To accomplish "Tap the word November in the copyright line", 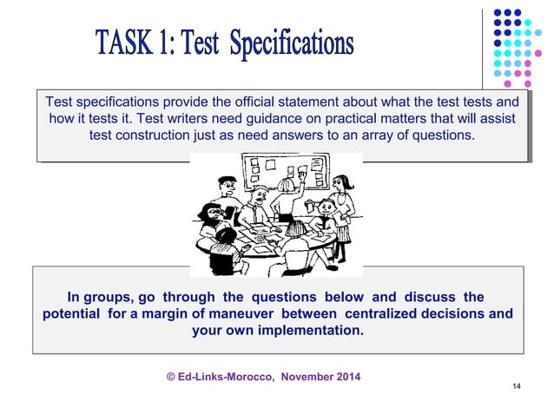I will pyautogui.click(x=299, y=376).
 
